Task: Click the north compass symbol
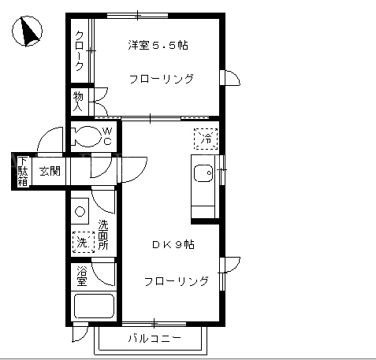[x=27, y=32]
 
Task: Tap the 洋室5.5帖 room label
[x=158, y=45]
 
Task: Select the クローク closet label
[x=80, y=51]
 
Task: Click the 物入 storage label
[x=78, y=102]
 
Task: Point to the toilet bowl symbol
[x=86, y=136]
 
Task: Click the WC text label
[x=107, y=136]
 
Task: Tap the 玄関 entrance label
[x=50, y=171]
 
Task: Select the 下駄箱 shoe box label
[x=23, y=172]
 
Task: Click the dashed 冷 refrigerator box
[x=206, y=139]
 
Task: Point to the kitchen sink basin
[x=203, y=173]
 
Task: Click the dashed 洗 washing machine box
[x=84, y=242]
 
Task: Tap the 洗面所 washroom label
[x=103, y=235]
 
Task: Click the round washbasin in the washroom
[x=80, y=211]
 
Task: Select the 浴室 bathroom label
[x=82, y=276]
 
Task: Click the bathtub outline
[x=94, y=306]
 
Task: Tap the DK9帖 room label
[x=173, y=245]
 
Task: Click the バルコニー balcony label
[x=154, y=338]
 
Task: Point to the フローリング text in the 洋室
[x=162, y=79]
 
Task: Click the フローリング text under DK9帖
[x=177, y=281]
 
